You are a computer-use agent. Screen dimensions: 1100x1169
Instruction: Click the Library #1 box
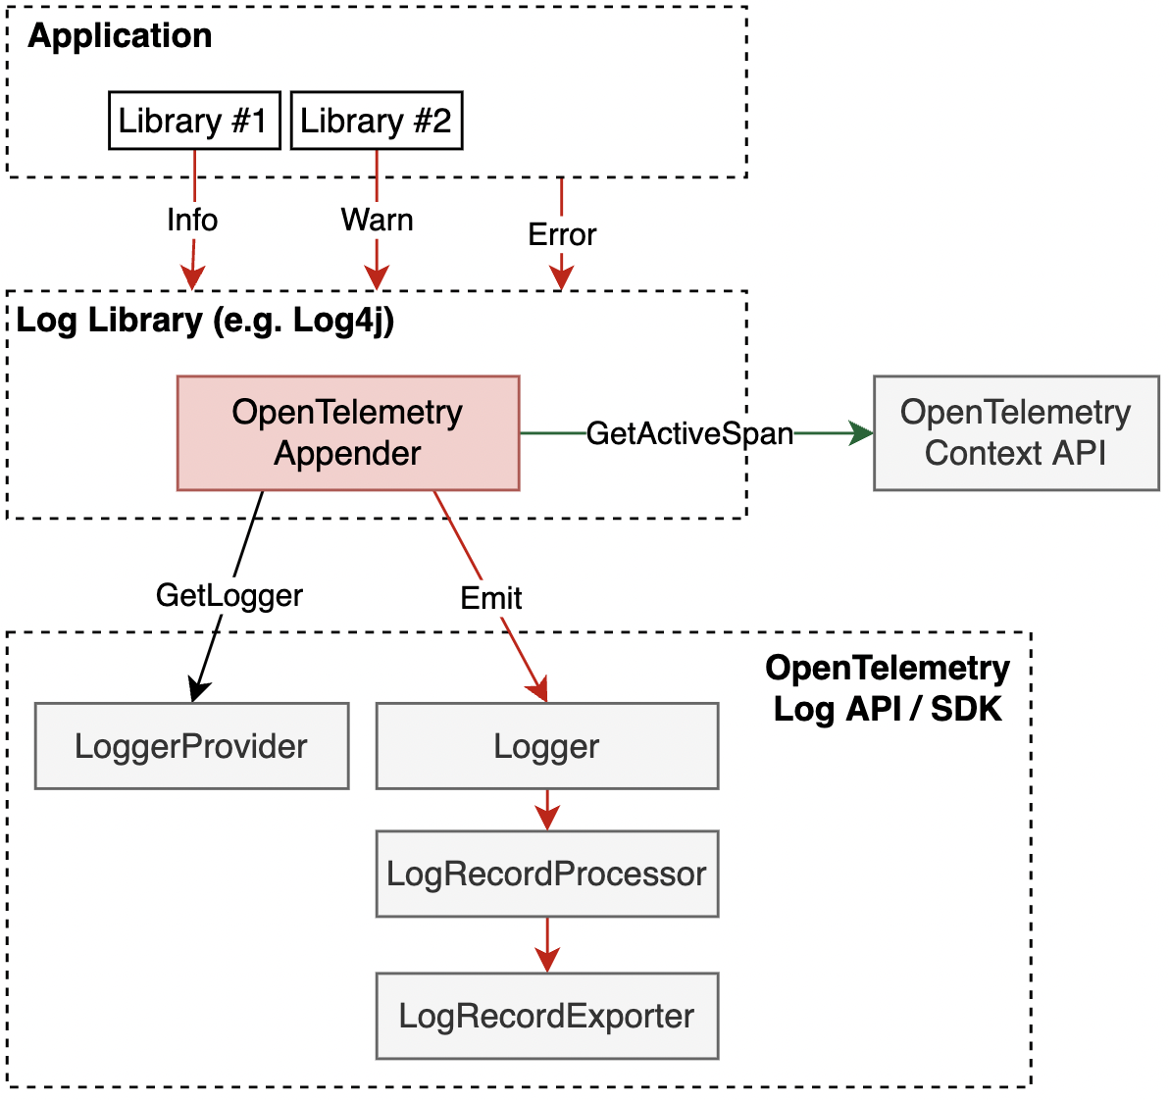pos(194,121)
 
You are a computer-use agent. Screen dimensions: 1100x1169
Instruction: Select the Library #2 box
pos(377,121)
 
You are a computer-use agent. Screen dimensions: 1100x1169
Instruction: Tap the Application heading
pos(120,36)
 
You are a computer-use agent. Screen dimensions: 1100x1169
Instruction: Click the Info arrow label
pos(192,220)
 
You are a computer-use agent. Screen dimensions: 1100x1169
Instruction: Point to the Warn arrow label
pos(377,220)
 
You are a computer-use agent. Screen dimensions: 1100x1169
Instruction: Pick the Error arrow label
pos(562,234)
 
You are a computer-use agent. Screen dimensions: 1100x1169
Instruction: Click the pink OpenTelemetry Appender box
pos(348,432)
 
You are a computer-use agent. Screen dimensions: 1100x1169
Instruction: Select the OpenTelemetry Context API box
pos(1016,432)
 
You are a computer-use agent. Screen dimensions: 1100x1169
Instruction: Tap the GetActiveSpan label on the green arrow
pos(689,433)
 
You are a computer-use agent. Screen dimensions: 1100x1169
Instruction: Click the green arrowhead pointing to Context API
pos(862,433)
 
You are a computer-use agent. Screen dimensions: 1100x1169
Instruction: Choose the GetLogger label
pos(229,595)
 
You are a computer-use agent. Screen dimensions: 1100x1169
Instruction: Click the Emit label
pos(491,597)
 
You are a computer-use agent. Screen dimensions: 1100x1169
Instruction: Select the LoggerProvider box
pos(192,746)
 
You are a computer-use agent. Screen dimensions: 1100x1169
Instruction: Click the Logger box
pos(547,746)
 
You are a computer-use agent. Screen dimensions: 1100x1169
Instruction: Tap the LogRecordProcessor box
pos(547,874)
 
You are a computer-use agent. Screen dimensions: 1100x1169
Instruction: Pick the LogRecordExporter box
pos(547,1016)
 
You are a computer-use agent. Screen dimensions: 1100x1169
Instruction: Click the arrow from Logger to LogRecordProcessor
pos(547,811)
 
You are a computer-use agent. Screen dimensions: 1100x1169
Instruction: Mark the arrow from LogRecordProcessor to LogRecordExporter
pos(547,946)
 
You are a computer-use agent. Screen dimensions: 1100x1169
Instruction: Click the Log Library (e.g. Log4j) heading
pos(206,321)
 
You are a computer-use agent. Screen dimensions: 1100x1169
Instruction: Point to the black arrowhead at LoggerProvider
pos(197,691)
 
